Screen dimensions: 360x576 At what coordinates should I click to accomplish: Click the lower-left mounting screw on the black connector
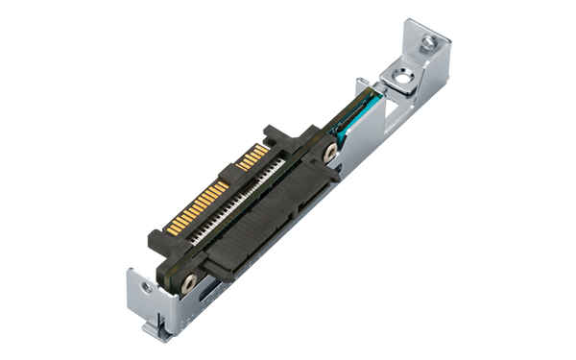click(188, 281)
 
